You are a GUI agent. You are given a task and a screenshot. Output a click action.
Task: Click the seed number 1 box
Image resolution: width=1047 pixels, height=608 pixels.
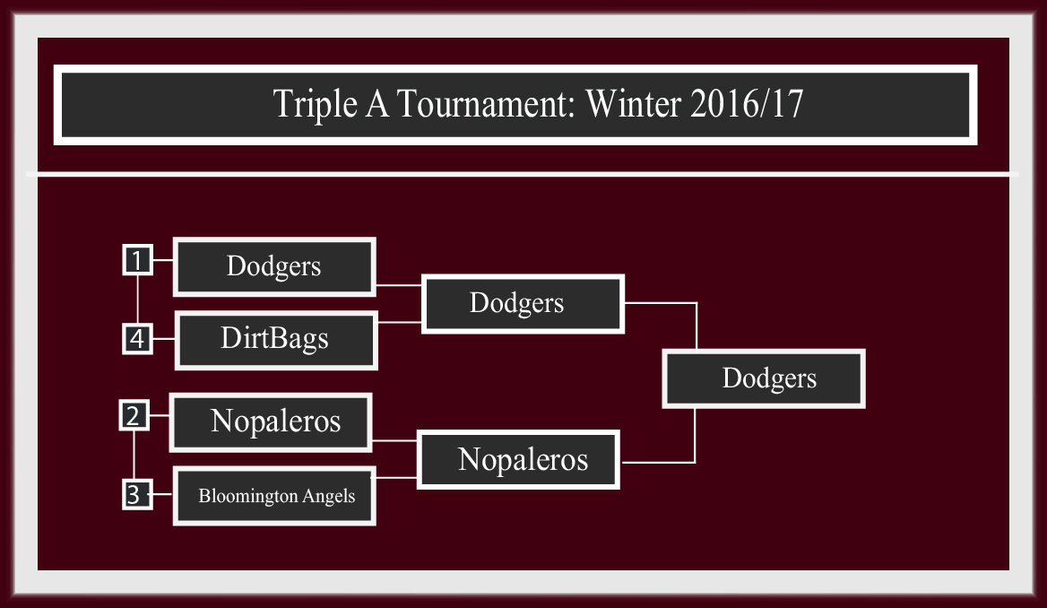tap(137, 260)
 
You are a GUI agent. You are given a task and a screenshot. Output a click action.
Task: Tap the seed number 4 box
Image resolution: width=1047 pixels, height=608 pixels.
tap(137, 338)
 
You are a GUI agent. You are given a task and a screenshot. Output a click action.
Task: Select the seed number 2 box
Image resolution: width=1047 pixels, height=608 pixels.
tap(134, 415)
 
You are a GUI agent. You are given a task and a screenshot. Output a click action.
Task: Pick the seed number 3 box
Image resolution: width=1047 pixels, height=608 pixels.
tap(137, 494)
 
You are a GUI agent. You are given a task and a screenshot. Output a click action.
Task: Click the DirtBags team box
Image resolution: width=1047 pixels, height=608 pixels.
tap(276, 340)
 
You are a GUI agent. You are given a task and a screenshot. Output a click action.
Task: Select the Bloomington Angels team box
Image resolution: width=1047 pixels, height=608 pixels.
tap(274, 496)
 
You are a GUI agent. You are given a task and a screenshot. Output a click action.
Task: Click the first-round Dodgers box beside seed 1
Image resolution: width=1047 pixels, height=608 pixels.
tap(274, 266)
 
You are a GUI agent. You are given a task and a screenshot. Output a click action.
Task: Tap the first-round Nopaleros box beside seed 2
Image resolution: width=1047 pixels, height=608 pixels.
tap(271, 422)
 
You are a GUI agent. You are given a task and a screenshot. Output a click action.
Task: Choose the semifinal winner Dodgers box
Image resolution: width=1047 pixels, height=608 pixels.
tap(523, 303)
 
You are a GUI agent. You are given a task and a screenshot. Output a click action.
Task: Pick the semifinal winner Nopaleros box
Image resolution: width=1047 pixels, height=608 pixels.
tap(518, 460)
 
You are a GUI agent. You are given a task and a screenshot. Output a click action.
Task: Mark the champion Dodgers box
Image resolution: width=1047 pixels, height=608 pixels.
tap(764, 378)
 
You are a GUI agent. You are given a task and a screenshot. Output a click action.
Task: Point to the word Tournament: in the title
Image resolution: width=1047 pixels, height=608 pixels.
tap(487, 104)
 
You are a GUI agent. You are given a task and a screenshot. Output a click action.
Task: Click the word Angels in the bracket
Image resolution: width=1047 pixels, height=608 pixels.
tap(328, 497)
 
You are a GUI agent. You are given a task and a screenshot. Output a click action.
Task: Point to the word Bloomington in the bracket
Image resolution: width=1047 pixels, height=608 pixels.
tap(247, 497)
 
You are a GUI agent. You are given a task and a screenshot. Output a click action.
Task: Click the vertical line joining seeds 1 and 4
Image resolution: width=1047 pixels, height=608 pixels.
tap(137, 300)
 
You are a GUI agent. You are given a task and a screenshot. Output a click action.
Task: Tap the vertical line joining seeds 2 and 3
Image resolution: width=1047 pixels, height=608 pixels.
tap(134, 455)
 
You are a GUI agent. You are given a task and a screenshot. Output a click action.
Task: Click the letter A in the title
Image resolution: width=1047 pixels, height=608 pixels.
tap(377, 104)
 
